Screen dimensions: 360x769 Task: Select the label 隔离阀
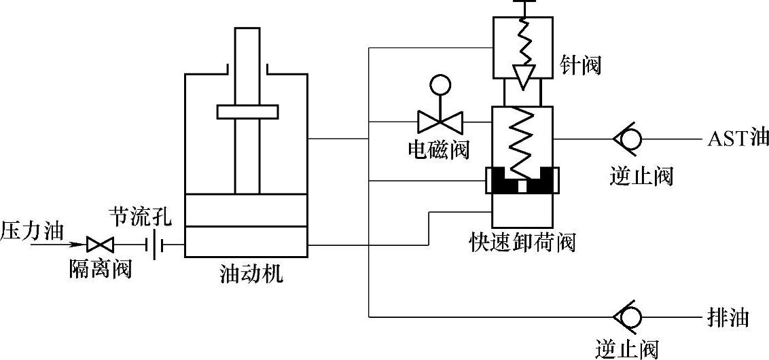pyautogui.click(x=101, y=269)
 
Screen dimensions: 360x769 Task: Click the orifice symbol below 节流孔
pyautogui.click(x=157, y=244)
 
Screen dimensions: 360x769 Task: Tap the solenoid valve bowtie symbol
pyautogui.click(x=440, y=122)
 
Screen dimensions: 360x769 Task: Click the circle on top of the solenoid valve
pyautogui.click(x=440, y=84)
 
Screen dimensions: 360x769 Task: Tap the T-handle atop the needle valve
pyautogui.click(x=522, y=3)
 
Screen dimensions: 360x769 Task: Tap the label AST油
pyautogui.click(x=738, y=139)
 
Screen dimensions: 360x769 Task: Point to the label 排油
pyautogui.click(x=732, y=317)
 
